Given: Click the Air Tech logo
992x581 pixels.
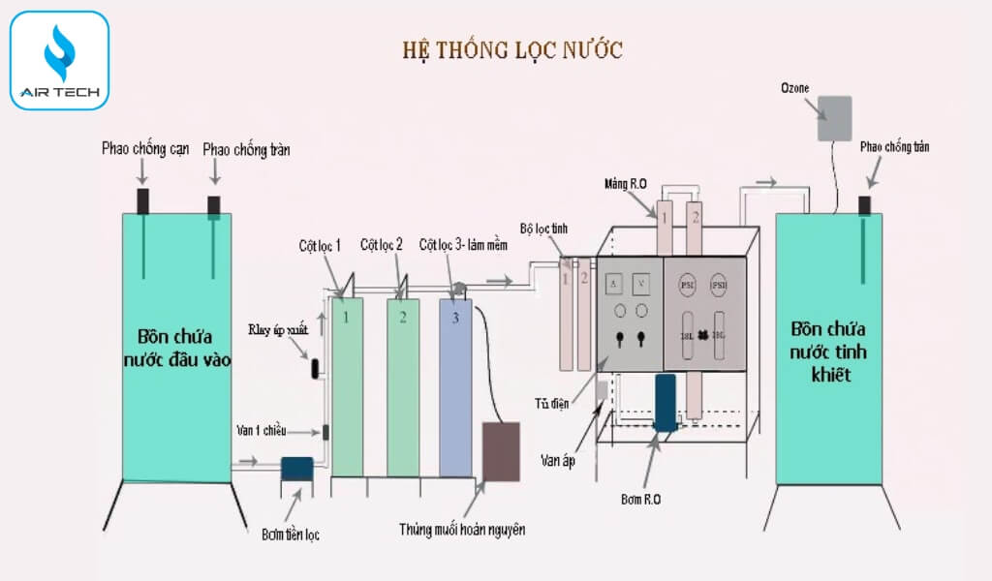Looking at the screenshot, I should point(58,60).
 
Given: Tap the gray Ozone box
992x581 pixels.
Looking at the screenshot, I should point(834,118).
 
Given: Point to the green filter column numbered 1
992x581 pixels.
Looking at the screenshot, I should point(346,387).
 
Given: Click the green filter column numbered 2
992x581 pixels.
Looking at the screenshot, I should point(403,387).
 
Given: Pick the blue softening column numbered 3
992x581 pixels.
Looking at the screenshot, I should point(454,387).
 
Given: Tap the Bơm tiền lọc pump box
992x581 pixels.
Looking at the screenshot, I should point(295,468).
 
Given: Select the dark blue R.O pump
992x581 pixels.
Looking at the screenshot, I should point(666,403).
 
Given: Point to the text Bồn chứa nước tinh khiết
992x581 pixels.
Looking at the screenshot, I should point(828,351).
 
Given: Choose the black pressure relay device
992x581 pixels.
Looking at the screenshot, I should point(315,369).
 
